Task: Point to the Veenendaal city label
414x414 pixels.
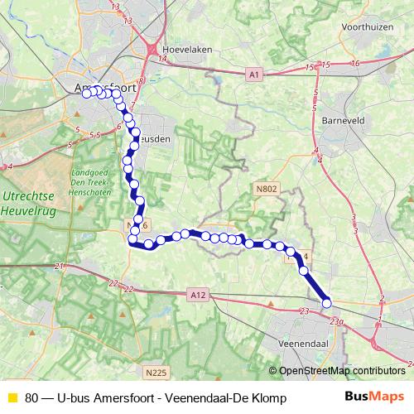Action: point(306,342)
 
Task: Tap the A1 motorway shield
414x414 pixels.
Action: point(253,75)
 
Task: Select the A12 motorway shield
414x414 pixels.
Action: point(196,294)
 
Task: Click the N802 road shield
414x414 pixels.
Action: point(265,189)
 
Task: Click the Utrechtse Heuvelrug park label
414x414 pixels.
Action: point(31,200)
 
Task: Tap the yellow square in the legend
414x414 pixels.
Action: point(12,397)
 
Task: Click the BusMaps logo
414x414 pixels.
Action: point(374,397)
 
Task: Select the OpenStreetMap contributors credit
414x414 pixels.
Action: point(341,371)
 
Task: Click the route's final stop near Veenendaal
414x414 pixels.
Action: point(326,302)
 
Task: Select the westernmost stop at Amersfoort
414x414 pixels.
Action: point(86,92)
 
